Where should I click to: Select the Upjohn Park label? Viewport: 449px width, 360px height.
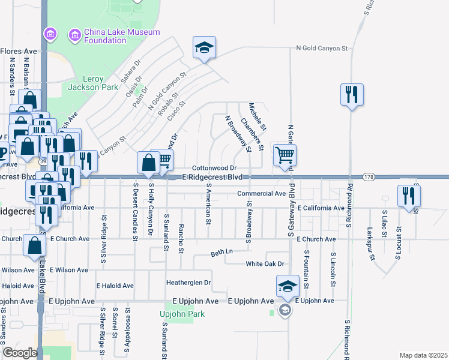tap(182, 314)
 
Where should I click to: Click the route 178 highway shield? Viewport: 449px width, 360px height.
tap(369, 177)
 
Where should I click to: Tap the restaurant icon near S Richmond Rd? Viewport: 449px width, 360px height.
tap(351, 95)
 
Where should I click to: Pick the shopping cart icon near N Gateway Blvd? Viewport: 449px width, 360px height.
tap(285, 155)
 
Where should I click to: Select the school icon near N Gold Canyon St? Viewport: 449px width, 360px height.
tap(204, 47)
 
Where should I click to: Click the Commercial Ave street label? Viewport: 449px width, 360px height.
tap(261, 194)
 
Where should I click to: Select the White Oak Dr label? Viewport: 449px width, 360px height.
tap(264, 264)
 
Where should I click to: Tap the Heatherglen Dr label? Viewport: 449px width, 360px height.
tap(188, 282)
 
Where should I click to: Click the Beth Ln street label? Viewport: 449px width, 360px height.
tap(221, 254)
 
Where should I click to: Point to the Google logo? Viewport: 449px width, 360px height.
tap(20, 353)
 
